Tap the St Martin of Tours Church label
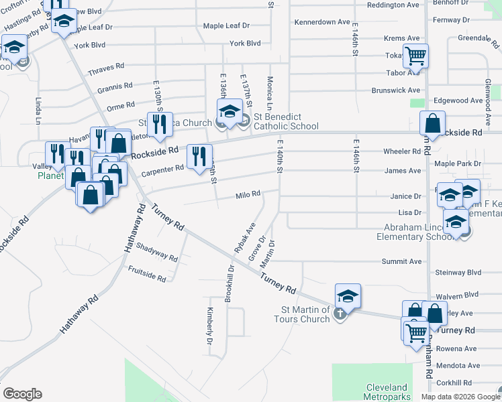point(305,314)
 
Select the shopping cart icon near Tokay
point(415,56)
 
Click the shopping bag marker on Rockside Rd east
point(433,123)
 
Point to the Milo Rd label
point(248,194)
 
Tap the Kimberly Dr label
point(210,322)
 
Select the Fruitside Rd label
point(147,273)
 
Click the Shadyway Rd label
point(156,253)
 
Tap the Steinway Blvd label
point(458,273)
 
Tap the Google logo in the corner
point(22,394)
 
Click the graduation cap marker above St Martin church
point(348,296)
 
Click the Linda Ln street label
point(38,109)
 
